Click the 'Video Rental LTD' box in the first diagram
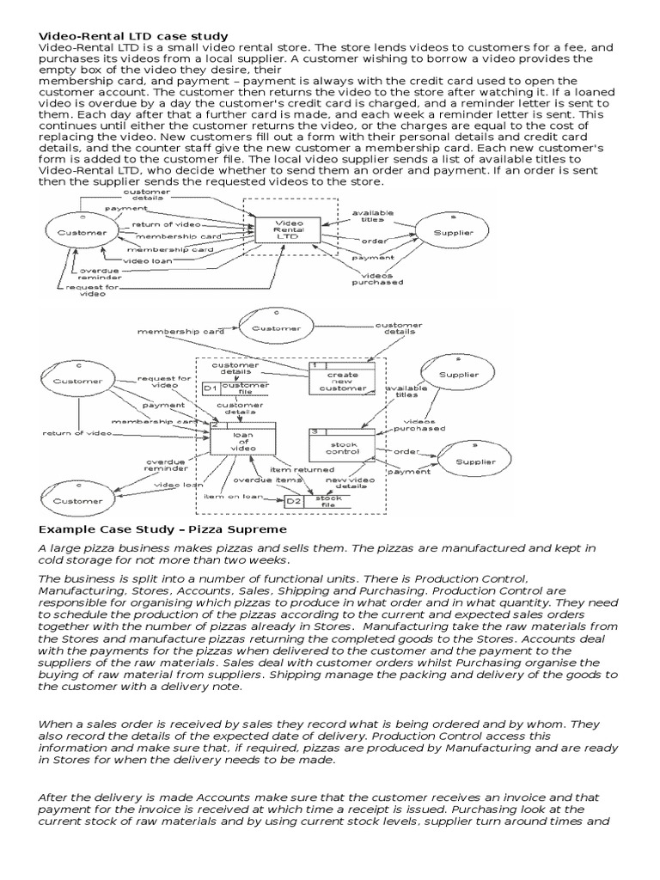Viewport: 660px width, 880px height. coord(288,230)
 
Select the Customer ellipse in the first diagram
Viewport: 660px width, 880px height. coord(82,232)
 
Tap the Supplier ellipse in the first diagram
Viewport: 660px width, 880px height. coord(452,231)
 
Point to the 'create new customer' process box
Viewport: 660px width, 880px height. coord(341,381)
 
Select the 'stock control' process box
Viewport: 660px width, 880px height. coord(342,444)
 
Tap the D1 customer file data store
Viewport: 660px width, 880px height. coord(235,388)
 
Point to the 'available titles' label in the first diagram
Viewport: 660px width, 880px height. coord(372,216)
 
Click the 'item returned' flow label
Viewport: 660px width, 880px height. coord(302,470)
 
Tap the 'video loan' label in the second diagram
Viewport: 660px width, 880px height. coord(178,485)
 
